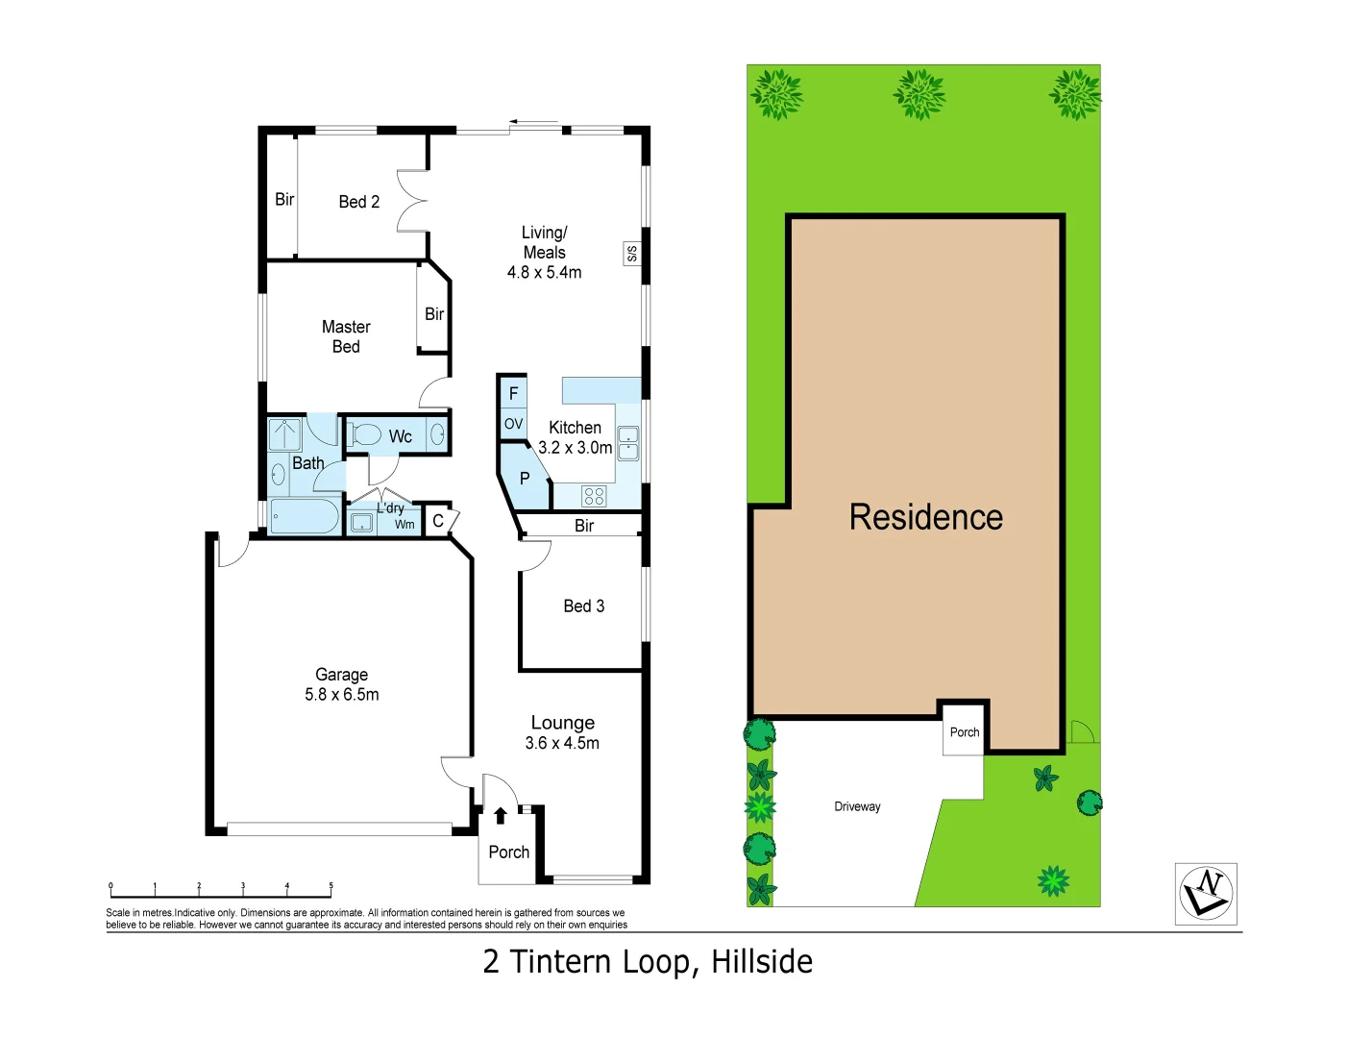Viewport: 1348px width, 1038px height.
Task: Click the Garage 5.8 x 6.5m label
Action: point(341,684)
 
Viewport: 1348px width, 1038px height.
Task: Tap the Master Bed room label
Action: point(346,336)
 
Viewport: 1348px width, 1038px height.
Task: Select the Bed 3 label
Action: point(583,606)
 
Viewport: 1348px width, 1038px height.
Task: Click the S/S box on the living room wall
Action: point(631,254)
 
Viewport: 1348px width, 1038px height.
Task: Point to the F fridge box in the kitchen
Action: point(513,393)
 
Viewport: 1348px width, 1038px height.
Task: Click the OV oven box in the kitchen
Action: point(513,424)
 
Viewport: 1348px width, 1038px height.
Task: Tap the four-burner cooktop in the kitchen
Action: point(594,496)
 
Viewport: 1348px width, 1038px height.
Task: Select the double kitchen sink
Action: point(627,444)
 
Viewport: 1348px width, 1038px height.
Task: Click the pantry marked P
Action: point(525,479)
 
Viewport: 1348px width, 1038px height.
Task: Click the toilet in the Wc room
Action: point(365,435)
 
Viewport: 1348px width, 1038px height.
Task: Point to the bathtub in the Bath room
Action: point(304,517)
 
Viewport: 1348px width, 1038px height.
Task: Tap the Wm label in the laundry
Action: point(404,524)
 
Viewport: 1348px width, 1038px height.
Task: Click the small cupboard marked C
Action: point(438,521)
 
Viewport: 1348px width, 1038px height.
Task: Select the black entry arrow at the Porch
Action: point(500,816)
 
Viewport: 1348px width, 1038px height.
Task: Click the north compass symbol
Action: point(1206,894)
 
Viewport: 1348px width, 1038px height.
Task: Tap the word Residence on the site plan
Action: point(925,517)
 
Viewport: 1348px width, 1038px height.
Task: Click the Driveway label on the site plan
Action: point(857,807)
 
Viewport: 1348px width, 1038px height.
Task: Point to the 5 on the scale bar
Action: point(331,886)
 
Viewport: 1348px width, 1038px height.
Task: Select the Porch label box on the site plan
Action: point(964,732)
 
